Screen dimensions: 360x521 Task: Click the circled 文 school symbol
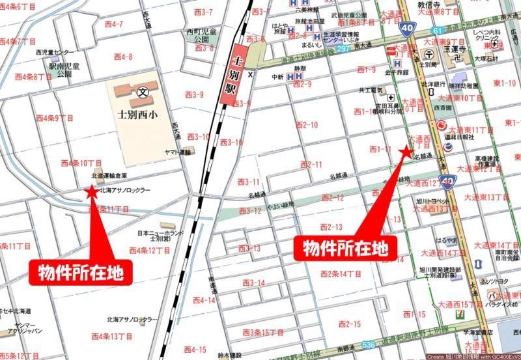[x=143, y=92]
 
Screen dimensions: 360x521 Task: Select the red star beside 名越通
[x=406, y=152]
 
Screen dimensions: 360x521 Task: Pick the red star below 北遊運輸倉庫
[x=91, y=192]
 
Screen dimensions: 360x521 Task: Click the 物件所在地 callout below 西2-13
[x=347, y=248]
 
